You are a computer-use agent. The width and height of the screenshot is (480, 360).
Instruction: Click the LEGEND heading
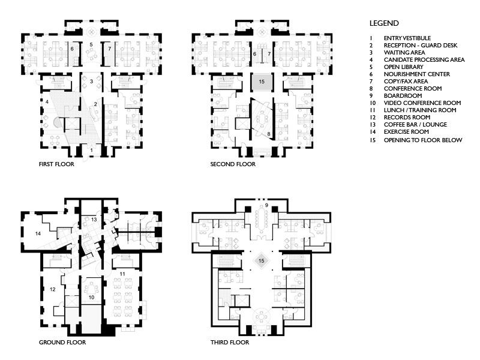pyautogui.click(x=384, y=23)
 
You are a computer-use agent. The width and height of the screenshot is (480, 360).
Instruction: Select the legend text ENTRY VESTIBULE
pyautogui.click(x=407, y=38)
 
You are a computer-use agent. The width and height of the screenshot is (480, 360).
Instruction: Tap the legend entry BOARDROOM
pyautogui.click(x=403, y=96)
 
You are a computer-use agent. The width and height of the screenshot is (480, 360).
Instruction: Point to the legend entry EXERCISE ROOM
pyautogui.click(x=406, y=132)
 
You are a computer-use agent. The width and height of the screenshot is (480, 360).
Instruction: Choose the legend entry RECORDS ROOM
pyautogui.click(x=407, y=118)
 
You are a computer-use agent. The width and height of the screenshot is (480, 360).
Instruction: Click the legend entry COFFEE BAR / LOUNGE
pyautogui.click(x=415, y=125)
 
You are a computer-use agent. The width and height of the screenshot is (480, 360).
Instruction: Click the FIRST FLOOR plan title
pyautogui.click(x=56, y=164)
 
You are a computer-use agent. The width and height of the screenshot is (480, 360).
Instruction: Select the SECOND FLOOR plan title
pyautogui.click(x=233, y=164)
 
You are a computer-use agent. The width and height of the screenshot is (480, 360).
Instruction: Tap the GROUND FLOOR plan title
pyautogui.click(x=62, y=342)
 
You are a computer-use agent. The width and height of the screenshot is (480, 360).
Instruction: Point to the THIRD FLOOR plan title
pyautogui.click(x=230, y=342)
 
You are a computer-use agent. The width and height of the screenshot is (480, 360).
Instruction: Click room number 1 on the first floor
pyautogui.click(x=92, y=151)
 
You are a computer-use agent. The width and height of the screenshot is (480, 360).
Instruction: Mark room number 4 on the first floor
pyautogui.click(x=47, y=101)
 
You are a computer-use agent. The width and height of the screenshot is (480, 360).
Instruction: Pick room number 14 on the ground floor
pyautogui.click(x=38, y=233)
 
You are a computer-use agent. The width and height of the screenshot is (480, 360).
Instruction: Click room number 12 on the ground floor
pyautogui.click(x=53, y=289)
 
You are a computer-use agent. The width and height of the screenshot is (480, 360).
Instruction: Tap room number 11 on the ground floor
pyautogui.click(x=122, y=274)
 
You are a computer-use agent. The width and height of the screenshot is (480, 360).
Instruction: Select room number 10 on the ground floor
pyautogui.click(x=91, y=297)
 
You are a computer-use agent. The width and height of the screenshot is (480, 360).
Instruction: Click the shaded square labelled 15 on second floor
pyautogui.click(x=261, y=82)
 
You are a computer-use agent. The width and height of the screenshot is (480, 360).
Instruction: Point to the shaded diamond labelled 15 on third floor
pyautogui.click(x=261, y=261)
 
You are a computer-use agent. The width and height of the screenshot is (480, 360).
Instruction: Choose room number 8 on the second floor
pyautogui.click(x=268, y=134)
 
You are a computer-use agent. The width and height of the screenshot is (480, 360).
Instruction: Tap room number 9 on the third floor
pyautogui.click(x=266, y=205)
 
